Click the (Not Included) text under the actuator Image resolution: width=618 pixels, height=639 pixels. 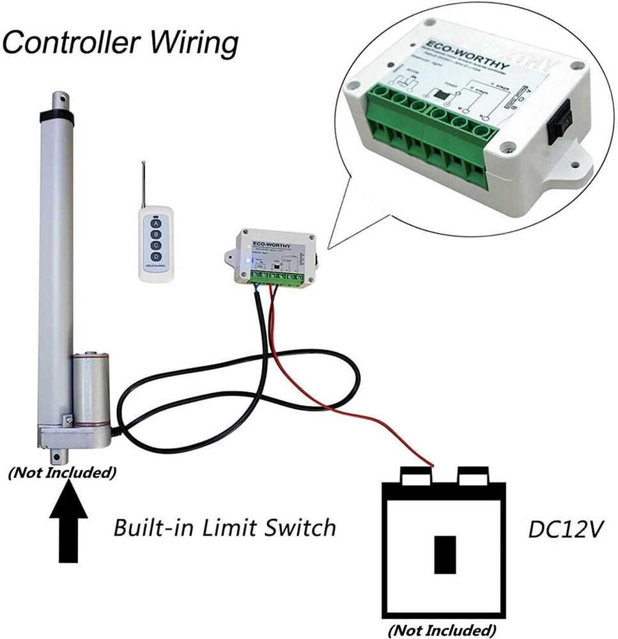[62, 473]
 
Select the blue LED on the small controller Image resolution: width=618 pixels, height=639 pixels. [247, 261]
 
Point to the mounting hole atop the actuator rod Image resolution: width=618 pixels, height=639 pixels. [61, 98]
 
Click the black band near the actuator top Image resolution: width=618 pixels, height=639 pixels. [56, 116]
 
